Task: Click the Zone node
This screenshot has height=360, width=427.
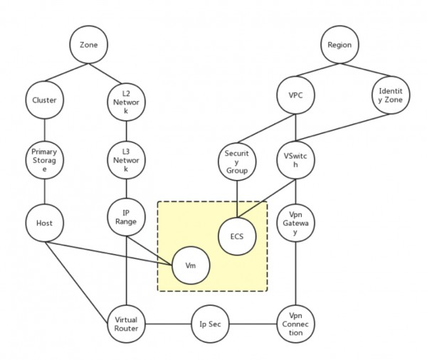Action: coord(89,45)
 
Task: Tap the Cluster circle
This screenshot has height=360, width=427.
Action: coord(44,100)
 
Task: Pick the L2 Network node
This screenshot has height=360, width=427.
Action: coord(127,101)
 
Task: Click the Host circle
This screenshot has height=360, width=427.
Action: coord(44,223)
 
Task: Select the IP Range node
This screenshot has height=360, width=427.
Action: coord(127,218)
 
